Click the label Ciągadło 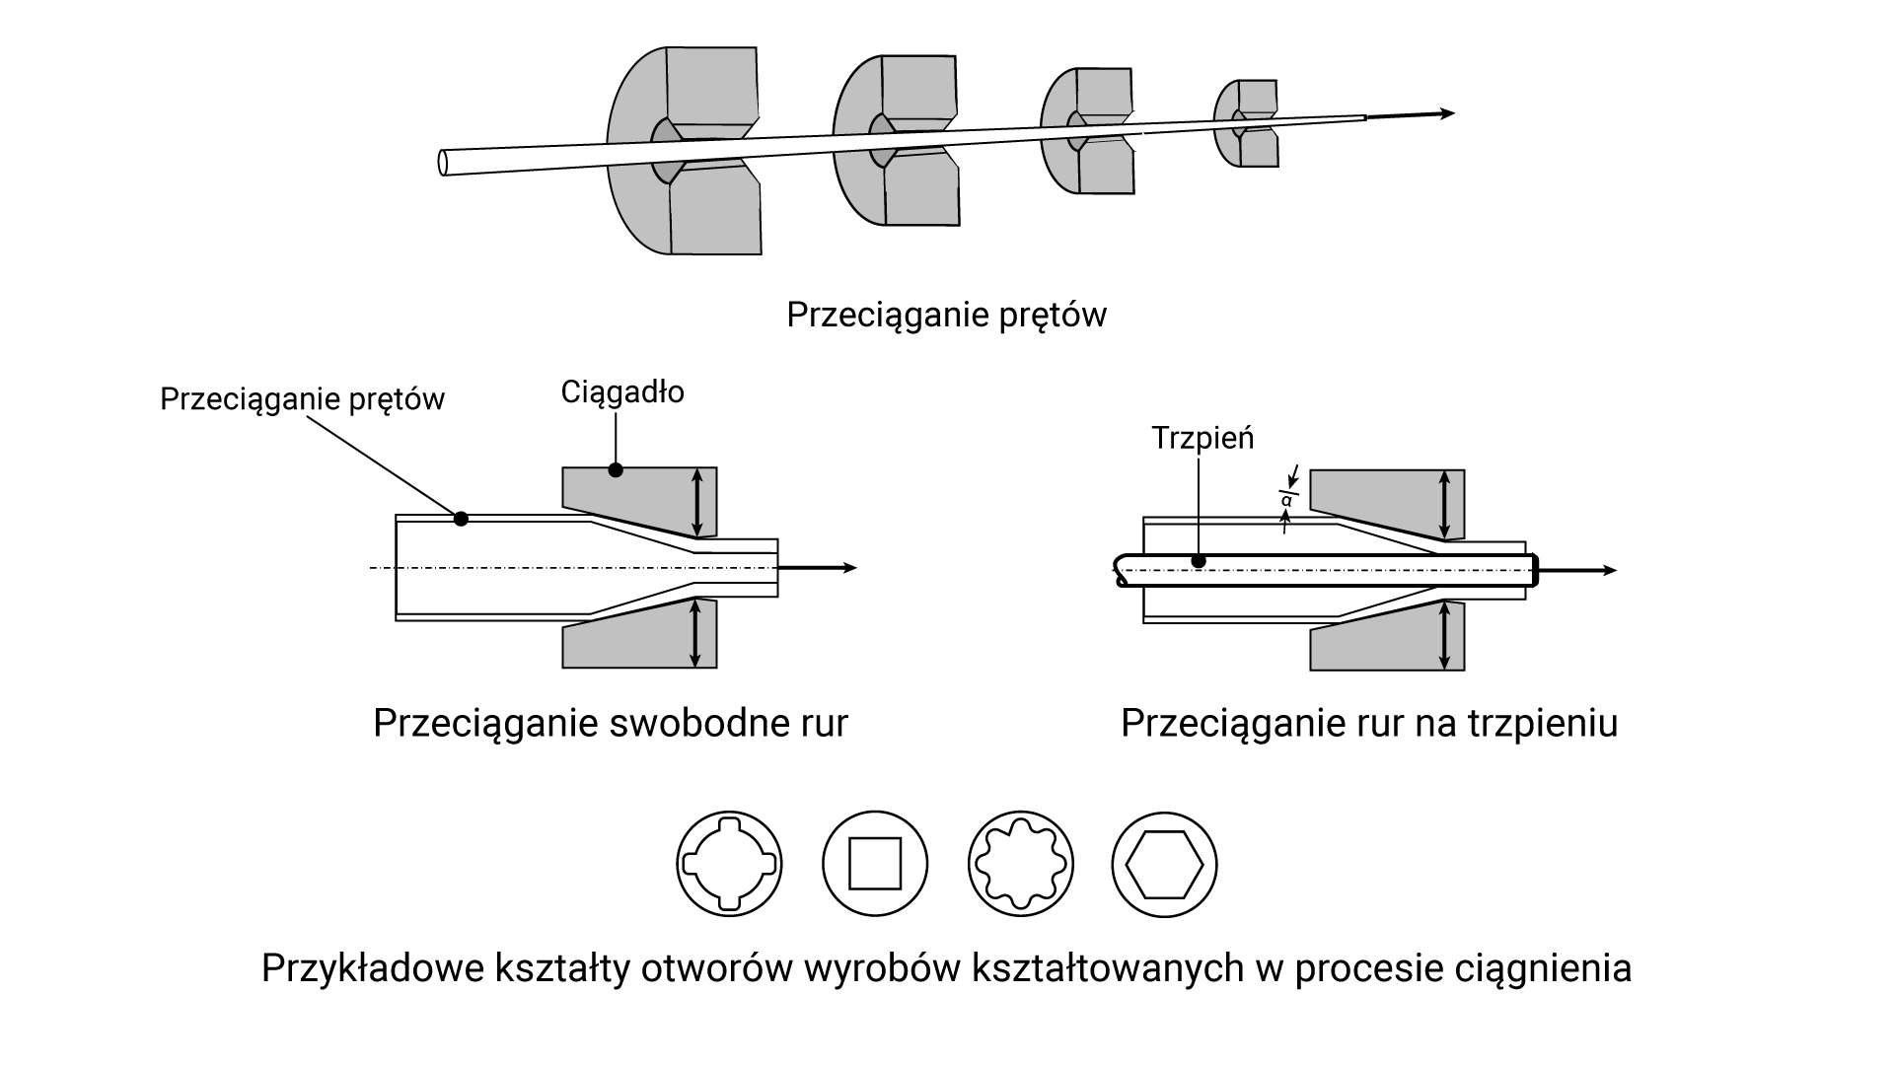(x=622, y=392)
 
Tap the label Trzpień (x=1202, y=438)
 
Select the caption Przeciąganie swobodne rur (x=610, y=724)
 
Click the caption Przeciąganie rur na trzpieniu (x=1369, y=724)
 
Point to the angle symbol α (x=1286, y=501)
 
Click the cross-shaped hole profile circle (x=730, y=865)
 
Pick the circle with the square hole (x=875, y=865)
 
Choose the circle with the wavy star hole (x=1021, y=865)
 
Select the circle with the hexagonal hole (x=1165, y=865)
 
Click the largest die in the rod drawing (x=685, y=150)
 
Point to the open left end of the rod (x=444, y=163)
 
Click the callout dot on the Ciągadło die (x=616, y=469)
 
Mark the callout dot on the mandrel (x=1199, y=561)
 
